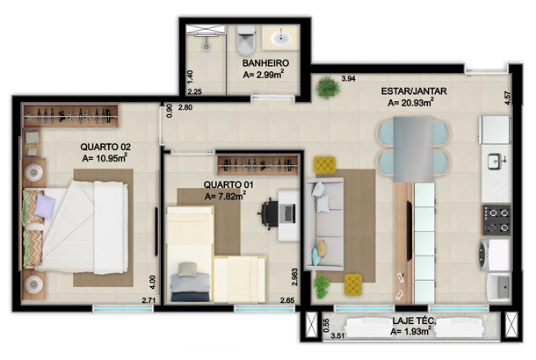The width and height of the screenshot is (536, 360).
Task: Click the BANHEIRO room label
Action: tap(265, 63)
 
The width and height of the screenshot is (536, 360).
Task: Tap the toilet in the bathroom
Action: tap(246, 40)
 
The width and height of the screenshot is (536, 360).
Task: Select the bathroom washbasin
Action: tap(281, 37)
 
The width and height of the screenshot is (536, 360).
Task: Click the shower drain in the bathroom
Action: tap(206, 46)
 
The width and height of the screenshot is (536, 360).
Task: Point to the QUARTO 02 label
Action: tap(105, 147)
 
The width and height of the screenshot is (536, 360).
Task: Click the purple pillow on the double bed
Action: tap(45, 206)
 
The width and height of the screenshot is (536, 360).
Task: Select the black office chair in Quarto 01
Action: tap(268, 213)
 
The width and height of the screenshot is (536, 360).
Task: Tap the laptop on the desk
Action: tap(287, 213)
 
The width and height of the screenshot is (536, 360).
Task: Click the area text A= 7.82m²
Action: tap(225, 196)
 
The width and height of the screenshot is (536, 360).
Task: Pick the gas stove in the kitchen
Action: tap(496, 220)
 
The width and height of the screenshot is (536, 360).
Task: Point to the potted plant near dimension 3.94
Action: tap(328, 88)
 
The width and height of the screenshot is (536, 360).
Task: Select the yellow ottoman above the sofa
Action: tap(324, 164)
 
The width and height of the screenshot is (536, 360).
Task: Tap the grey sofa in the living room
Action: tap(324, 224)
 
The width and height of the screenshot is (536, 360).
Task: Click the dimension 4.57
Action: tap(508, 97)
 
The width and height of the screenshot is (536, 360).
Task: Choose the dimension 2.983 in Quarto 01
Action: tap(294, 277)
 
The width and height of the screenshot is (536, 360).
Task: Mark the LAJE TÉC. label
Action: tap(414, 321)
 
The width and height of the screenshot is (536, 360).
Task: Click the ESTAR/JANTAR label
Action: tap(414, 91)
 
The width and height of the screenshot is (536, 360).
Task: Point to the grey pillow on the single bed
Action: tap(187, 270)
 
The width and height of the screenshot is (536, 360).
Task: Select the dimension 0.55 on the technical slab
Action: tap(326, 325)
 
